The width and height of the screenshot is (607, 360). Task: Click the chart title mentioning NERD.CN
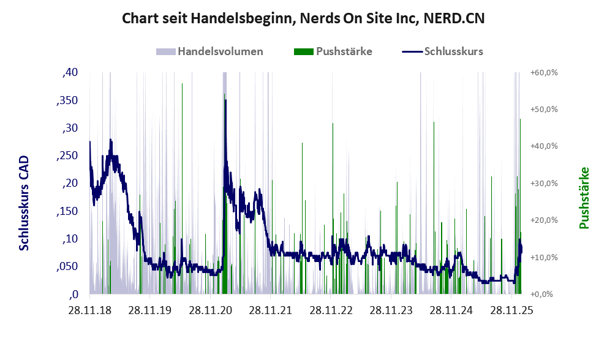pyautogui.click(x=303, y=18)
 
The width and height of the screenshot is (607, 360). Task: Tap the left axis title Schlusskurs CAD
pyautogui.click(x=24, y=203)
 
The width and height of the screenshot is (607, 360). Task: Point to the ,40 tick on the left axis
pyautogui.click(x=70, y=73)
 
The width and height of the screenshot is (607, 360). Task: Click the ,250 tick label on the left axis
pyautogui.click(x=67, y=156)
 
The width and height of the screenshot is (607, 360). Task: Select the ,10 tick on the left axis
pyautogui.click(x=70, y=239)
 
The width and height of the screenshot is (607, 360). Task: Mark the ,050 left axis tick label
pyautogui.click(x=67, y=266)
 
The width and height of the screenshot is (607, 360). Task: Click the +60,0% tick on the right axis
pyautogui.click(x=543, y=73)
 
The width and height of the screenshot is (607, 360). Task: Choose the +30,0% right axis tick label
pyautogui.click(x=543, y=183)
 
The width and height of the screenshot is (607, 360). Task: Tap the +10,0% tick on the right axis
pyautogui.click(x=543, y=257)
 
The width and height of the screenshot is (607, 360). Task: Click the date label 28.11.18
pyautogui.click(x=90, y=310)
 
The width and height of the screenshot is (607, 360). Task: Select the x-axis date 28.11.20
pyautogui.click(x=210, y=310)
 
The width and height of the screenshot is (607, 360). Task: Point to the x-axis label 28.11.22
pyautogui.click(x=331, y=310)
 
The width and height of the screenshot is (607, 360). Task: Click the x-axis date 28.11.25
pyautogui.click(x=512, y=310)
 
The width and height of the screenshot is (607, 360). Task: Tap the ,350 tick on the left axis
pyautogui.click(x=67, y=100)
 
